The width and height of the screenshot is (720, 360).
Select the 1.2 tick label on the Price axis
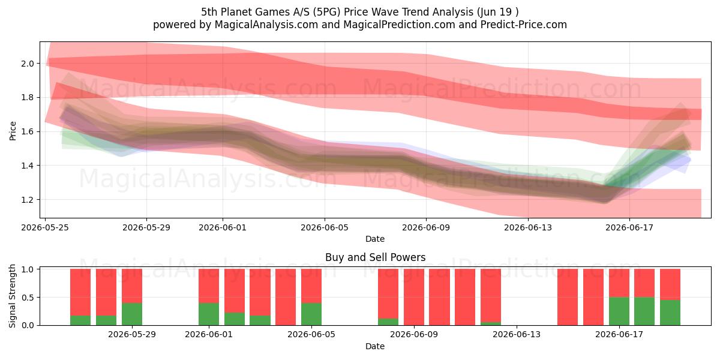[x=28, y=200]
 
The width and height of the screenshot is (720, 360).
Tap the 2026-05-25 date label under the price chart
[x=45, y=227]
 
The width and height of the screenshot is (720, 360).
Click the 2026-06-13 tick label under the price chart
[x=528, y=227]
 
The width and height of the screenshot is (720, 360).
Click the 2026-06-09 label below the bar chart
[x=414, y=335]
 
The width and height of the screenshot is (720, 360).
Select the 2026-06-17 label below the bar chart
[x=619, y=335]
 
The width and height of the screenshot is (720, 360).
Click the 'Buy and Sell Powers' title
[x=375, y=257]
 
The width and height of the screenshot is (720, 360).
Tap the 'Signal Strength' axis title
[x=12, y=296]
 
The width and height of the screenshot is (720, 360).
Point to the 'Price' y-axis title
[x=13, y=131]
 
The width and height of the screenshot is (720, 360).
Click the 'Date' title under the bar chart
[x=375, y=346]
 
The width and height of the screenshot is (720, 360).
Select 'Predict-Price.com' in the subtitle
[x=524, y=25]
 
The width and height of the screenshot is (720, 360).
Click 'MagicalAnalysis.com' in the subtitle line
[x=266, y=25]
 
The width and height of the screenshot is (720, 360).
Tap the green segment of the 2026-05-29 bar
[x=132, y=314]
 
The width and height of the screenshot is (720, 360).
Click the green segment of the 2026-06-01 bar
[x=209, y=314]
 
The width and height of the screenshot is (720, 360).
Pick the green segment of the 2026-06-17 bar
[x=619, y=311]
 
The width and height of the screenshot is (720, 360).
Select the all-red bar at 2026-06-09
[x=414, y=297]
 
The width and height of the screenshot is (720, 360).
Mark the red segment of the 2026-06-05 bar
[x=311, y=286]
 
